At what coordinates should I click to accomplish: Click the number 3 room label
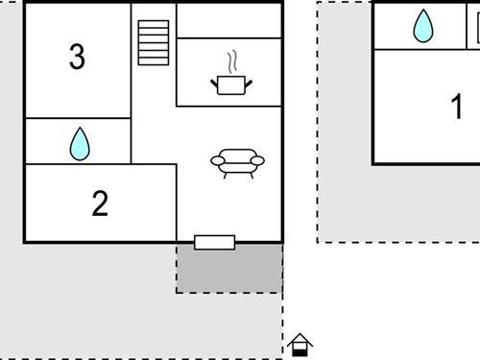click(x=77, y=58)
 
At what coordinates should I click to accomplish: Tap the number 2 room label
click(x=100, y=204)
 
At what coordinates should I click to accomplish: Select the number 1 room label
click(x=457, y=108)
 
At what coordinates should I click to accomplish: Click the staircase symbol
click(x=153, y=42)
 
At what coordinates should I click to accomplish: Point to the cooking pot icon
click(x=230, y=85)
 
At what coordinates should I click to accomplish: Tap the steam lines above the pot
click(x=230, y=62)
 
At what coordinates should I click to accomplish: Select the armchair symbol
click(x=237, y=163)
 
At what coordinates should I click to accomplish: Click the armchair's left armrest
click(x=217, y=160)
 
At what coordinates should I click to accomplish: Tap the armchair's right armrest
click(x=257, y=160)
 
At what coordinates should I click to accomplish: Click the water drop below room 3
click(x=79, y=143)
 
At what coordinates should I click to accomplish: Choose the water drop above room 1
click(x=422, y=26)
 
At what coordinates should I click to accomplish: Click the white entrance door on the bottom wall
click(x=214, y=242)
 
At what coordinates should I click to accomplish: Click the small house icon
click(x=300, y=344)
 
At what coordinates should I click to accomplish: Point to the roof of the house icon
click(x=300, y=337)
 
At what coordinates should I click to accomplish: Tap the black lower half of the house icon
click(x=300, y=350)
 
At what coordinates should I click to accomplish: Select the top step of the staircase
click(x=153, y=24)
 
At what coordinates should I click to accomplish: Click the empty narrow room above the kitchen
click(x=229, y=19)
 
